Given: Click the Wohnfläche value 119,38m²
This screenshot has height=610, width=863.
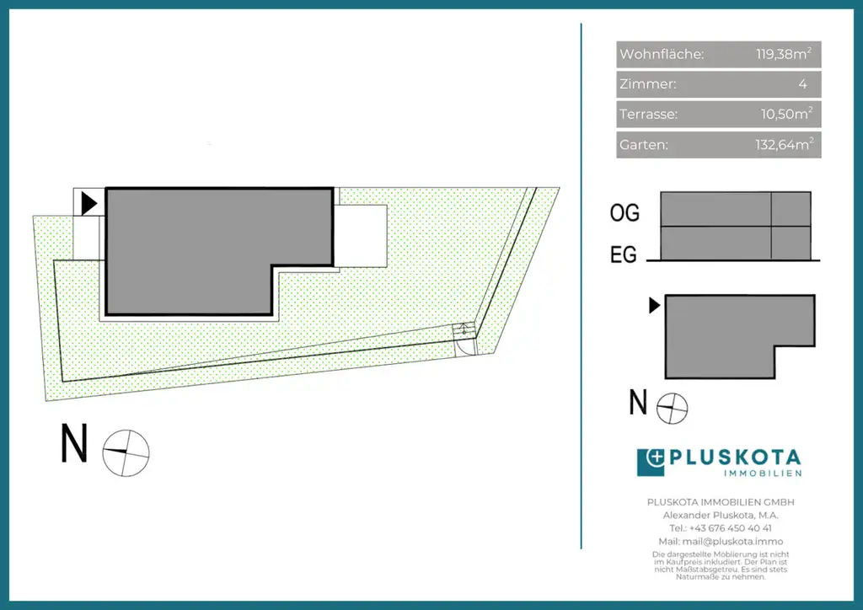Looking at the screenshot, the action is pos(783,54).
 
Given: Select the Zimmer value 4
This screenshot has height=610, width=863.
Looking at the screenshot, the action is pos(803,84).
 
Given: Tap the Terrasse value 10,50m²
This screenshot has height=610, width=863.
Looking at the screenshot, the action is pos(786,114).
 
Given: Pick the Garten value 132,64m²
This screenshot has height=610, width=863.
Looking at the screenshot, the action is pos(784,144).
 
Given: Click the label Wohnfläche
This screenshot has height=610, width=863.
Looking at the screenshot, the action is pos(662,54).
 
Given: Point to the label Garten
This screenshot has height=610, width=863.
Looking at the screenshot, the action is pos(643,145).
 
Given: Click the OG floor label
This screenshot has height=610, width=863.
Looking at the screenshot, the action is pos(624,213).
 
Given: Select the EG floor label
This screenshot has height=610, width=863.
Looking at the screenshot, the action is pos(624,254).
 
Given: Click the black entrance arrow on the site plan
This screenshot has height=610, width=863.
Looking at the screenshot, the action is pos(88,204).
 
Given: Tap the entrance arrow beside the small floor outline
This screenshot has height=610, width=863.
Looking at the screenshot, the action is pos(654,305).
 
